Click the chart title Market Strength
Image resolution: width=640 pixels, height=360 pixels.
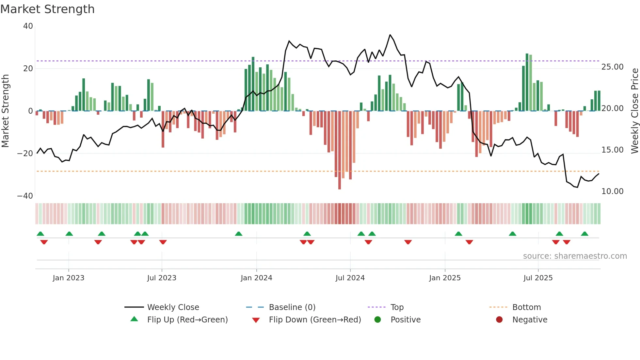pos(47,9)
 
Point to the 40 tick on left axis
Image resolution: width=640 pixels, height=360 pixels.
pos(28,26)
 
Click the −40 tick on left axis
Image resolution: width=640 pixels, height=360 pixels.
pos(25,196)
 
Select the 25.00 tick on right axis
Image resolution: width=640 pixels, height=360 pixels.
pos(612,67)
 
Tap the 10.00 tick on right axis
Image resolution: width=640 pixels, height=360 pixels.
pos(612,191)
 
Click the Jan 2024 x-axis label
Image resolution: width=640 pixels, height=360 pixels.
pos(256,278)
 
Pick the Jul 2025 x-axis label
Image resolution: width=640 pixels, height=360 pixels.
pos(538,278)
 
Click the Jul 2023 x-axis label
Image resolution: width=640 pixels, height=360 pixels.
pos(162,278)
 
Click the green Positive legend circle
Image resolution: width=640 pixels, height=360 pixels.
pos(378,320)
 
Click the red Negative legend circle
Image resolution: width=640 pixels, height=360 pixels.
pos(499,320)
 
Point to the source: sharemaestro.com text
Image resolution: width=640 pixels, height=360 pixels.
pos(575,256)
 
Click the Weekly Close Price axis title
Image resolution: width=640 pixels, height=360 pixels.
pos(634,111)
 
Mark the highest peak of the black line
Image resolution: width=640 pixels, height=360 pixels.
pos(390,35)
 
